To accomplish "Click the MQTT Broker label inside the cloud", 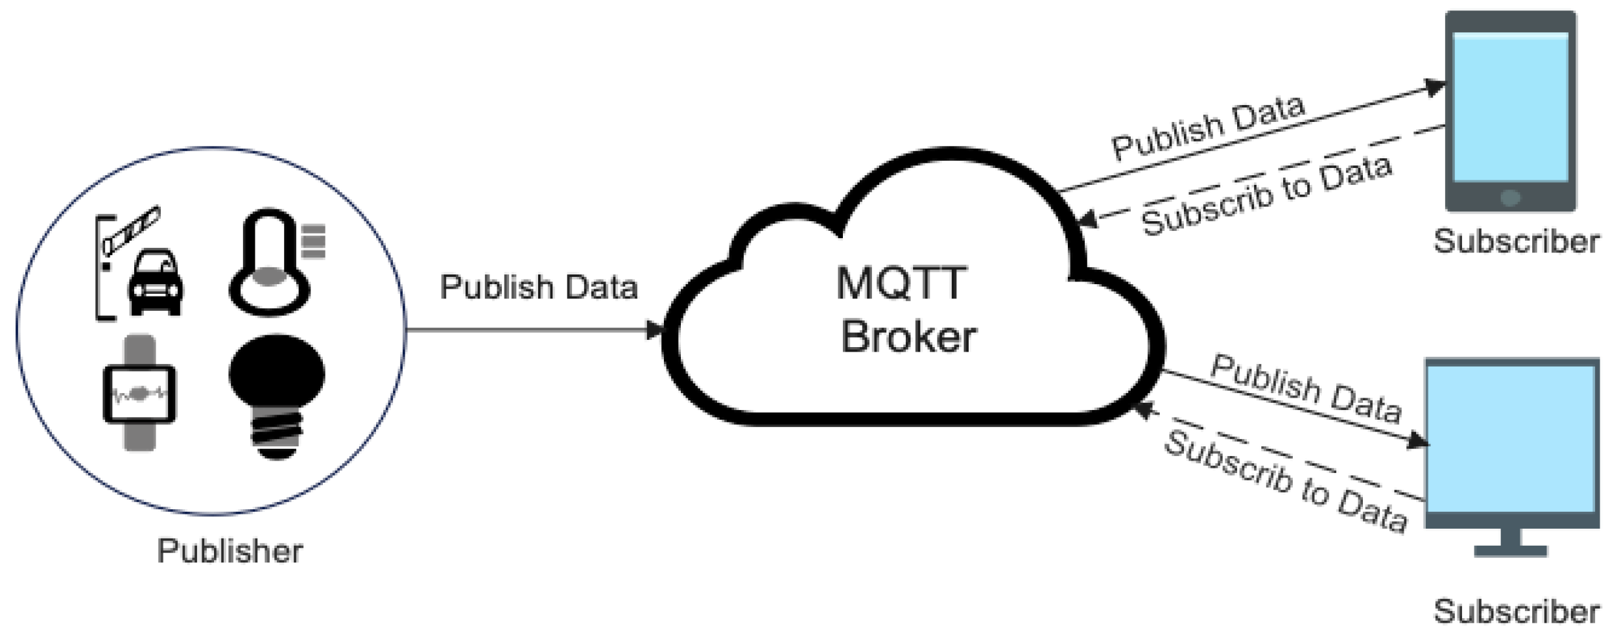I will click(906, 310).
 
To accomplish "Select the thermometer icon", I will click(269, 263).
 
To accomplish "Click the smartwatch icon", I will click(139, 393).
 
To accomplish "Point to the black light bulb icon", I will click(277, 389).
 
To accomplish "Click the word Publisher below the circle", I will click(230, 551).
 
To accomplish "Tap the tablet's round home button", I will click(1510, 197).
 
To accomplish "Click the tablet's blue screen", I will click(1510, 107).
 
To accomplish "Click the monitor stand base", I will click(1511, 551).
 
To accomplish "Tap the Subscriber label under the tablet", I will click(1516, 242).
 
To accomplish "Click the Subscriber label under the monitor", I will click(1516, 612).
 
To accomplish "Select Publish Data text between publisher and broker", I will click(539, 287).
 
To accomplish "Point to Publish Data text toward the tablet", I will click(1208, 128).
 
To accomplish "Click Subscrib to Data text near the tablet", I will click(1266, 195).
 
